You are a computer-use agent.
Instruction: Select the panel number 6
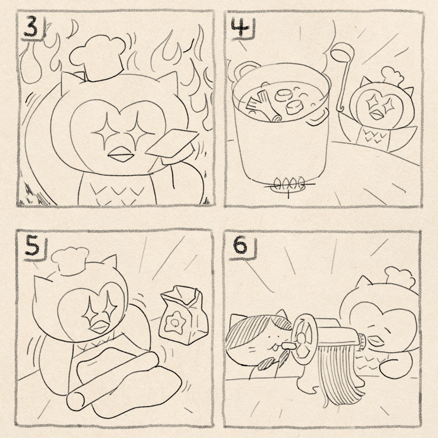pos(240,246)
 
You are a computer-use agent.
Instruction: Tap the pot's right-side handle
pos(320,116)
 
